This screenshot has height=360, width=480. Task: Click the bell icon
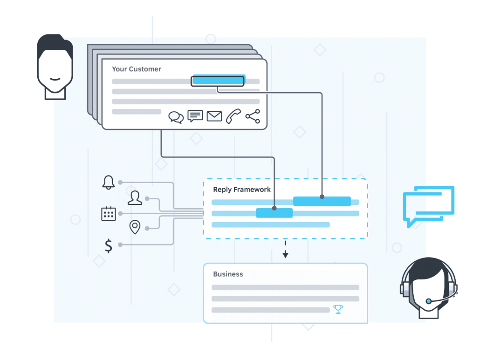pyautogui.click(x=109, y=183)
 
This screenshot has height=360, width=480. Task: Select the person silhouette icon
pyautogui.click(x=135, y=197)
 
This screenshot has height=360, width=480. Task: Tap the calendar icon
pyautogui.click(x=109, y=213)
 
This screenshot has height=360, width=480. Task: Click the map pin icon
pyautogui.click(x=135, y=227)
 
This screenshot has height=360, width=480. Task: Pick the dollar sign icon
pyautogui.click(x=109, y=245)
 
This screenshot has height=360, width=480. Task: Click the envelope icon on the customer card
pyautogui.click(x=214, y=116)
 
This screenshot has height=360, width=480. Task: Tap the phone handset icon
pyautogui.click(x=233, y=116)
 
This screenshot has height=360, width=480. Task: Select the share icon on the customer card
pyautogui.click(x=253, y=116)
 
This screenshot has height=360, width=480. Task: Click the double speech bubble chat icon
pyautogui.click(x=176, y=117)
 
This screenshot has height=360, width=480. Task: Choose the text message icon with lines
pyautogui.click(x=195, y=116)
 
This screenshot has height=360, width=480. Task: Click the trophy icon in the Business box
pyautogui.click(x=338, y=309)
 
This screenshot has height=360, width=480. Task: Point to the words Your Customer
pyautogui.click(x=137, y=69)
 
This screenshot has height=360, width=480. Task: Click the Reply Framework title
pyautogui.click(x=242, y=190)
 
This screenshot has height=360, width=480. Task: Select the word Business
pyautogui.click(x=228, y=274)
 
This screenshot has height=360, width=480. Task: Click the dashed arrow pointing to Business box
pyautogui.click(x=285, y=249)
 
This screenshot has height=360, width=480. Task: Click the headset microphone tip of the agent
pyautogui.click(x=429, y=301)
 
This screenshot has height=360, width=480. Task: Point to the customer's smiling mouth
pyautogui.click(x=55, y=79)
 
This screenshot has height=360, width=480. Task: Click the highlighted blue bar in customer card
pyautogui.click(x=218, y=81)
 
